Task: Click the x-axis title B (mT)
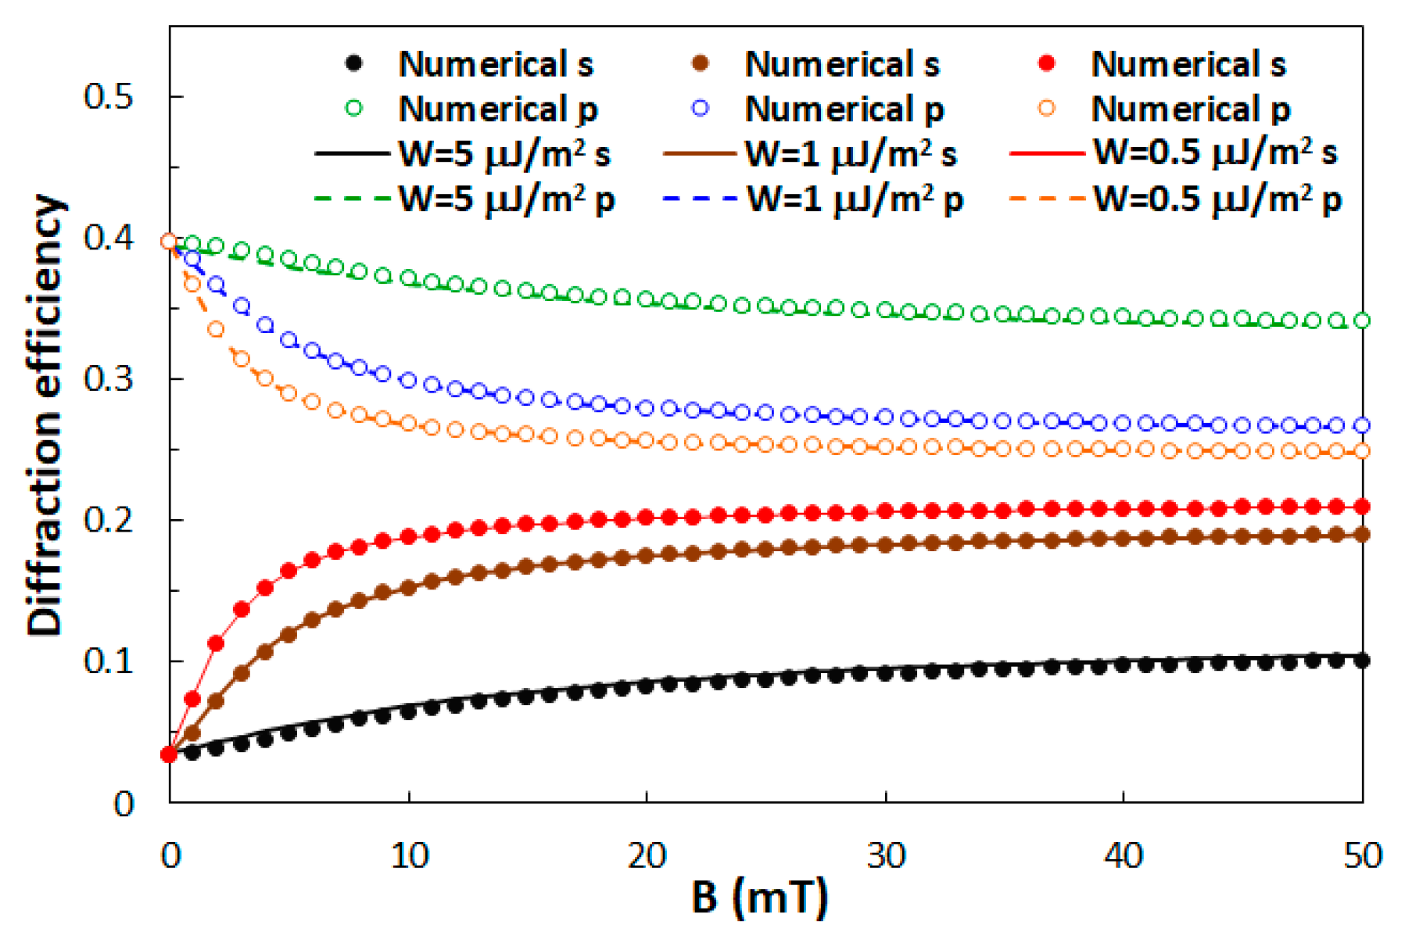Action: (x=758, y=897)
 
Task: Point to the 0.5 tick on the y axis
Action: (x=109, y=96)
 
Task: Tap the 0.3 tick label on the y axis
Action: (x=109, y=378)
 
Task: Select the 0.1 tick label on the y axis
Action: (x=109, y=661)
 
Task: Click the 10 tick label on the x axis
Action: (x=409, y=856)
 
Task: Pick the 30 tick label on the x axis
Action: (x=886, y=856)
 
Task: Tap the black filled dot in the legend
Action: (x=354, y=63)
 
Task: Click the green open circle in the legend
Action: (x=354, y=108)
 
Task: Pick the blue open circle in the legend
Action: (x=701, y=108)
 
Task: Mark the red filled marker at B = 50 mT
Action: (x=1361, y=507)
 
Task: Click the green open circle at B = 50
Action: (x=1361, y=321)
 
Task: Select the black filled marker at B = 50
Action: (x=1361, y=661)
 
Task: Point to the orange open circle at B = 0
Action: (x=168, y=242)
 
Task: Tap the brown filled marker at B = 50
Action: (x=1361, y=535)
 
